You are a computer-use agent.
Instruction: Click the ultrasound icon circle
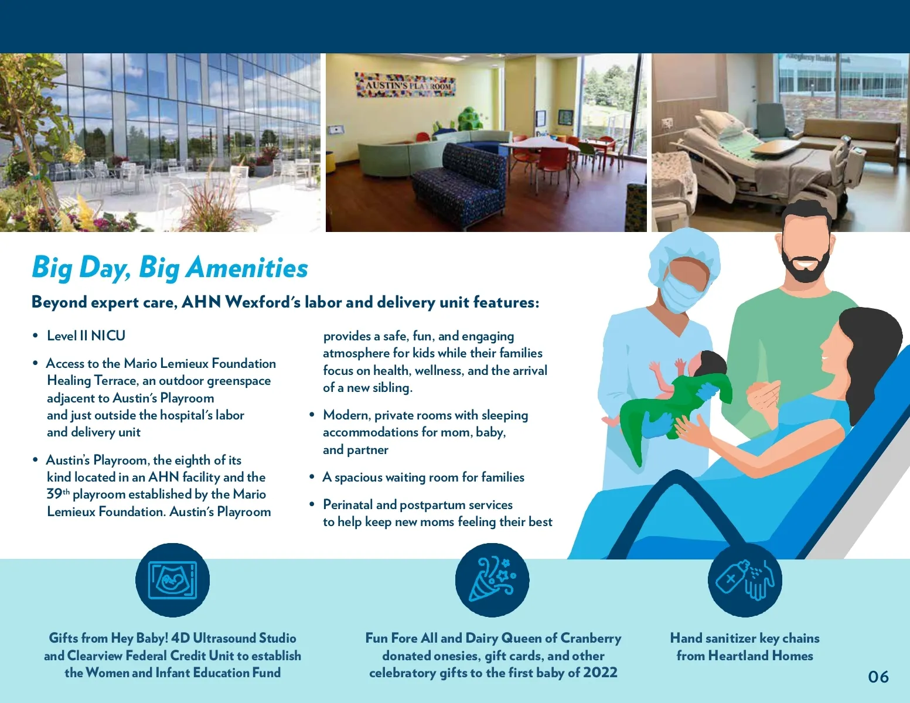pyautogui.click(x=172, y=580)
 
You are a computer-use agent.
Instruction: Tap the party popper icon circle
pyautogui.click(x=492, y=580)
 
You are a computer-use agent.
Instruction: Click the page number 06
pyautogui.click(x=878, y=677)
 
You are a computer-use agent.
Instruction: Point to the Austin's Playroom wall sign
pyautogui.click(x=405, y=84)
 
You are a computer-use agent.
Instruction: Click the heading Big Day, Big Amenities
pyautogui.click(x=170, y=268)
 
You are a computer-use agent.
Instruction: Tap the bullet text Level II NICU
pyautogui.click(x=86, y=336)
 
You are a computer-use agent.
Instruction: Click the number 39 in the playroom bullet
pyautogui.click(x=54, y=494)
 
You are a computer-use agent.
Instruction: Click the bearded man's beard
pyautogui.click(x=805, y=268)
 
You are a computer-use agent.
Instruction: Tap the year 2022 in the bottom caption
pyautogui.click(x=600, y=673)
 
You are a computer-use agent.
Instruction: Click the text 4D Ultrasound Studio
pyautogui.click(x=234, y=638)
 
